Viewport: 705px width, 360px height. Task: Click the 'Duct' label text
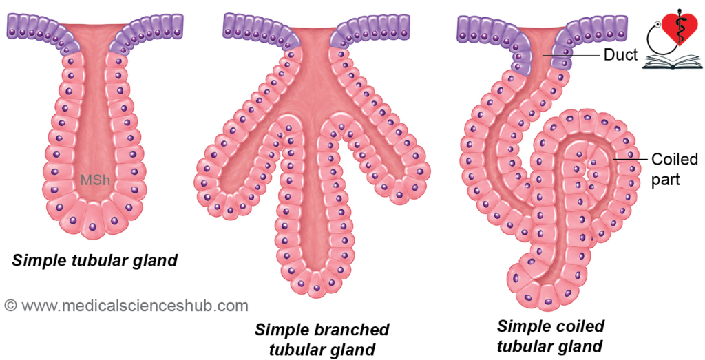point(620,55)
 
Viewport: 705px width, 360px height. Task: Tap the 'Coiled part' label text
point(675,169)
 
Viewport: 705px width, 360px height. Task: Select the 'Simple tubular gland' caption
point(95,260)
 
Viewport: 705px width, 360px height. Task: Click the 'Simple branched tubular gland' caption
point(322,339)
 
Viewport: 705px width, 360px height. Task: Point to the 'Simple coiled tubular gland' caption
point(550,336)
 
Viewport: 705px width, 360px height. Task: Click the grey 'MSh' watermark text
point(95,180)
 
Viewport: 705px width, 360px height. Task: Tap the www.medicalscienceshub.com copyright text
point(127,306)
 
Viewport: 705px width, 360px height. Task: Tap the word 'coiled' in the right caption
point(578,326)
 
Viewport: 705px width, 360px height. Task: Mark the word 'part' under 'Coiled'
point(666,179)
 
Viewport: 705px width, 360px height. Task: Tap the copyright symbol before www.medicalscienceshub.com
point(10,306)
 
